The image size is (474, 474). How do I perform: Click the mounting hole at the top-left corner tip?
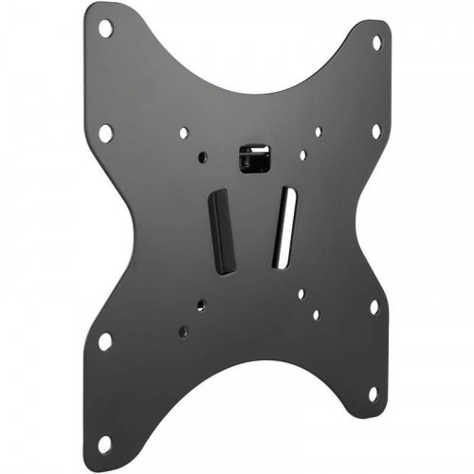pyautogui.click(x=105, y=28)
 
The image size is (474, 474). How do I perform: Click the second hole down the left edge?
pyautogui.click(x=104, y=133)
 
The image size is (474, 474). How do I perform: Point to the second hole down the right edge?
pyautogui.click(x=376, y=131)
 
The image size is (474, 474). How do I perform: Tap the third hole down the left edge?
pyautogui.click(x=104, y=340)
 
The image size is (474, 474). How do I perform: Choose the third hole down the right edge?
pyautogui.click(x=374, y=307)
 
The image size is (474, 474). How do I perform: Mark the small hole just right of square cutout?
pyautogui.click(x=302, y=155)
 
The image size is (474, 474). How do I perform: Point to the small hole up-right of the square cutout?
pyautogui.click(x=318, y=132)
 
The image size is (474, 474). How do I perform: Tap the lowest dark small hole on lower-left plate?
pyautogui.click(x=182, y=332)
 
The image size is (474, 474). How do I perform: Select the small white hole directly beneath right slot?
pyautogui.click(x=301, y=293)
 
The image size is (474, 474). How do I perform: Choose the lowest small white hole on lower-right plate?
pyautogui.click(x=316, y=314)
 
